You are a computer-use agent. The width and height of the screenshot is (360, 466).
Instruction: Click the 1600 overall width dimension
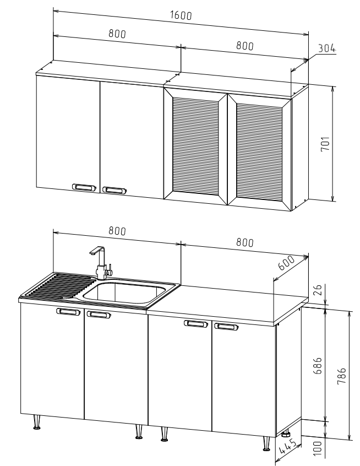pyautogui.click(x=181, y=15)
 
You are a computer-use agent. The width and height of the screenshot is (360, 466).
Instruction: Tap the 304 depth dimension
pyautogui.click(x=327, y=48)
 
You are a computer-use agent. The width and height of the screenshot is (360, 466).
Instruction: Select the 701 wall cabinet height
pyautogui.click(x=325, y=144)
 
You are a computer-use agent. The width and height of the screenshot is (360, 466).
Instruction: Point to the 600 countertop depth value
pyautogui.click(x=287, y=262)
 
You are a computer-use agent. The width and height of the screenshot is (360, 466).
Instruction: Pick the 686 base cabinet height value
pyautogui.click(x=318, y=366)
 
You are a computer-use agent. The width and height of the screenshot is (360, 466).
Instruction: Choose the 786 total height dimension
pyautogui.click(x=342, y=376)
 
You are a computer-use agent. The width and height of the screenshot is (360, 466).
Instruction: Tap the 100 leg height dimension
pyautogui.click(x=318, y=448)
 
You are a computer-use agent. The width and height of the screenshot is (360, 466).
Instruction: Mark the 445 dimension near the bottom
pyautogui.click(x=287, y=447)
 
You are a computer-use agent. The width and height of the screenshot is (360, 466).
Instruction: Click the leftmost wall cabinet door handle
pyautogui.click(x=84, y=187)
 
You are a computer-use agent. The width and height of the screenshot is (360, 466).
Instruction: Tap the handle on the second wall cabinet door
pyautogui.click(x=114, y=190)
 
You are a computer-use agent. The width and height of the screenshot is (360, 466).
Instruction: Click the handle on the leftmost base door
pyautogui.click(x=68, y=311)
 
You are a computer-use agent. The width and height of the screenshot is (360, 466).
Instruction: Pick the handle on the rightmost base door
pyautogui.click(x=226, y=327)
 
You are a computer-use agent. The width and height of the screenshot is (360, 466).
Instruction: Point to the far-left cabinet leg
pyautogui.click(x=37, y=422)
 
